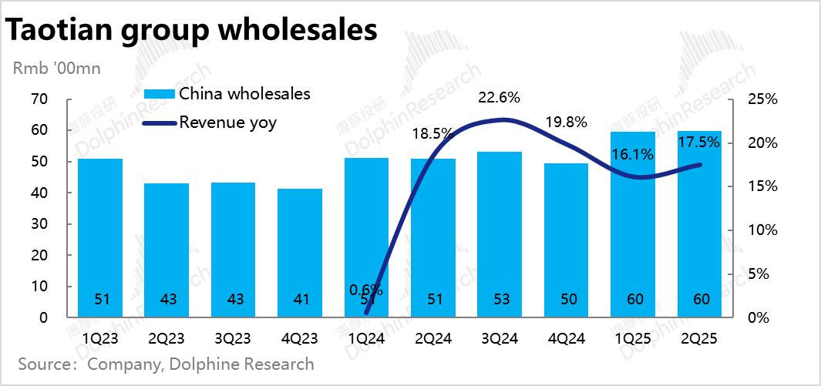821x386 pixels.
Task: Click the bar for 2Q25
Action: pos(699,223)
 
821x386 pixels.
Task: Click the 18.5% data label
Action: pos(432,133)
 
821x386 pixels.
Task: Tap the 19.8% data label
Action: pos(567,122)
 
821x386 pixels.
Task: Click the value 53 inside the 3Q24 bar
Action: pos(500,299)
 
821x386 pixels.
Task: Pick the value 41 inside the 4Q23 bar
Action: pos(300,299)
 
